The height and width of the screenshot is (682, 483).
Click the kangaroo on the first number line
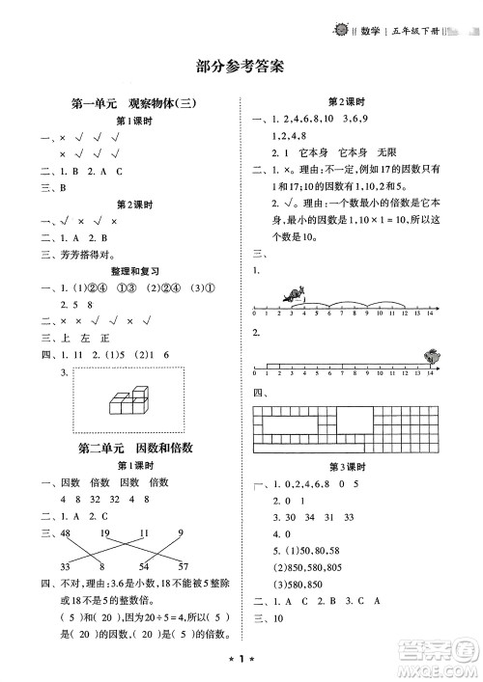[x=293, y=296]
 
